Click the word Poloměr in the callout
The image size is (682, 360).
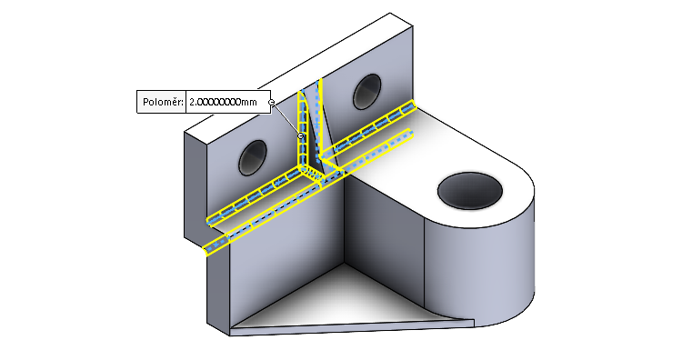161,102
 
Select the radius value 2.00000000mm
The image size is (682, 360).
227,102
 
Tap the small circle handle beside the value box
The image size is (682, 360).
272,102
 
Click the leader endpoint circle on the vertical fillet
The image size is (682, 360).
301,136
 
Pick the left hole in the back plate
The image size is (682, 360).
252,159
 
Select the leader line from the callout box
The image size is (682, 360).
286,119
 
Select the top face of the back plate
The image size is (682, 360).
300,73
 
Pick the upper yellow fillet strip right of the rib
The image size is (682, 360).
373,126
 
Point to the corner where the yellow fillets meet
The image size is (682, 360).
315,170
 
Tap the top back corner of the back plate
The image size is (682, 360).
392,15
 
